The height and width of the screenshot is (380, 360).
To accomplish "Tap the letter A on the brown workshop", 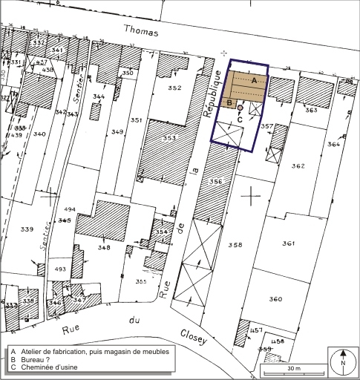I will coord(254,79).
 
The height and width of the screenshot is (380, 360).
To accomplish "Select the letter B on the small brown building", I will coord(230,103).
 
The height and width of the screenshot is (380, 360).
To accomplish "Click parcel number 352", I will coord(174,88).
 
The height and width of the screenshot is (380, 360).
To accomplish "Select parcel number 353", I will coord(169,138).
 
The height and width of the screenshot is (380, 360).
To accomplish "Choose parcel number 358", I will coord(235,244).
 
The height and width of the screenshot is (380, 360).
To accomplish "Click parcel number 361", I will coord(289,243).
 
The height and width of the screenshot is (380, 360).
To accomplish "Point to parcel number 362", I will coord(298,166).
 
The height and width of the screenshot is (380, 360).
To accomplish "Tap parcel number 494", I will coord(70,210).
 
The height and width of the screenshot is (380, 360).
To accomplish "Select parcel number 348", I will coord(103,247).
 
